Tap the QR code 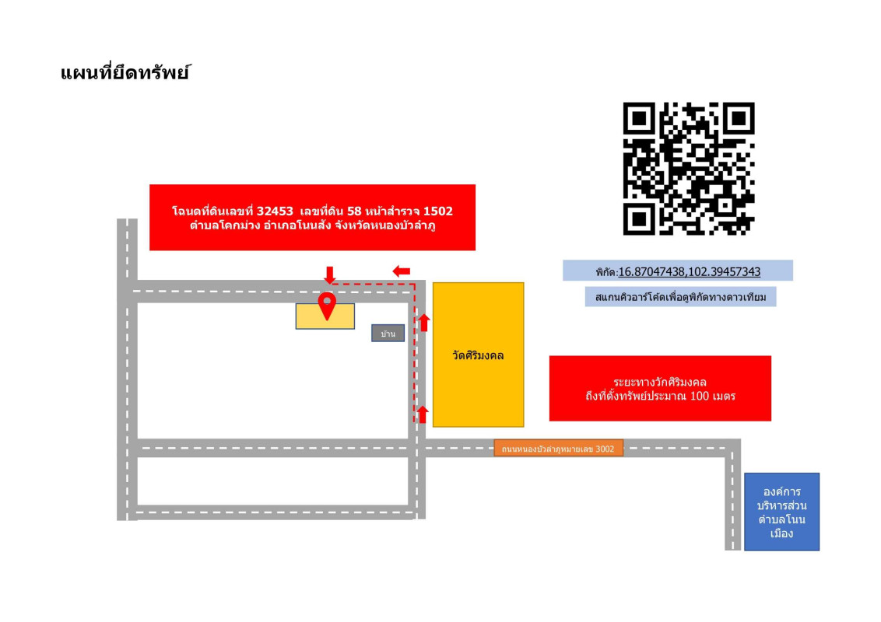point(689,169)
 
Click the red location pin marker point(327,306)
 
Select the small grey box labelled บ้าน point(388,334)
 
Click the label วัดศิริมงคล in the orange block point(478,355)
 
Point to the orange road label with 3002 point(559,449)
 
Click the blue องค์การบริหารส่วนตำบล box point(781,512)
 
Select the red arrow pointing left point(401,271)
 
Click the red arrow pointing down point(330,274)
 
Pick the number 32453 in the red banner point(276,211)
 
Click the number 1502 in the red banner point(437,211)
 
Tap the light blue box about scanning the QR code point(680,297)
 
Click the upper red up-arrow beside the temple point(424,323)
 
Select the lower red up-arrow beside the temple point(423,415)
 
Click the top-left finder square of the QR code point(639,118)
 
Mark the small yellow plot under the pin point(325,316)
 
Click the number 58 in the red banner point(355,211)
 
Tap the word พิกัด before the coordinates point(606,272)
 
